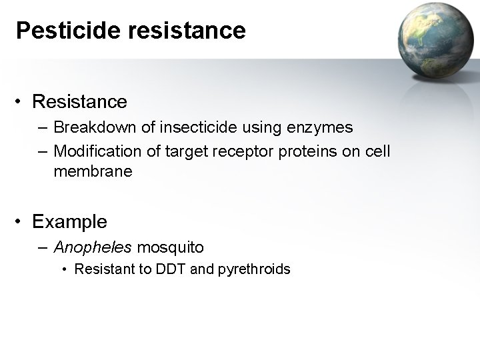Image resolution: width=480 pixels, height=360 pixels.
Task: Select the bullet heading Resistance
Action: pos(79,102)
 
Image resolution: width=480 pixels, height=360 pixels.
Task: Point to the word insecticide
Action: pos(185,127)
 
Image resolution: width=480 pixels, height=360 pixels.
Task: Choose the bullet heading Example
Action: pos(69,220)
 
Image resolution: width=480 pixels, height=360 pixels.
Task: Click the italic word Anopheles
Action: pos(93,247)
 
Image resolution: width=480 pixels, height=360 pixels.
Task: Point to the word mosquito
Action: pos(170,247)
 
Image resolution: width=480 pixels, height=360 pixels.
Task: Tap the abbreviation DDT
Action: pos(172,269)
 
